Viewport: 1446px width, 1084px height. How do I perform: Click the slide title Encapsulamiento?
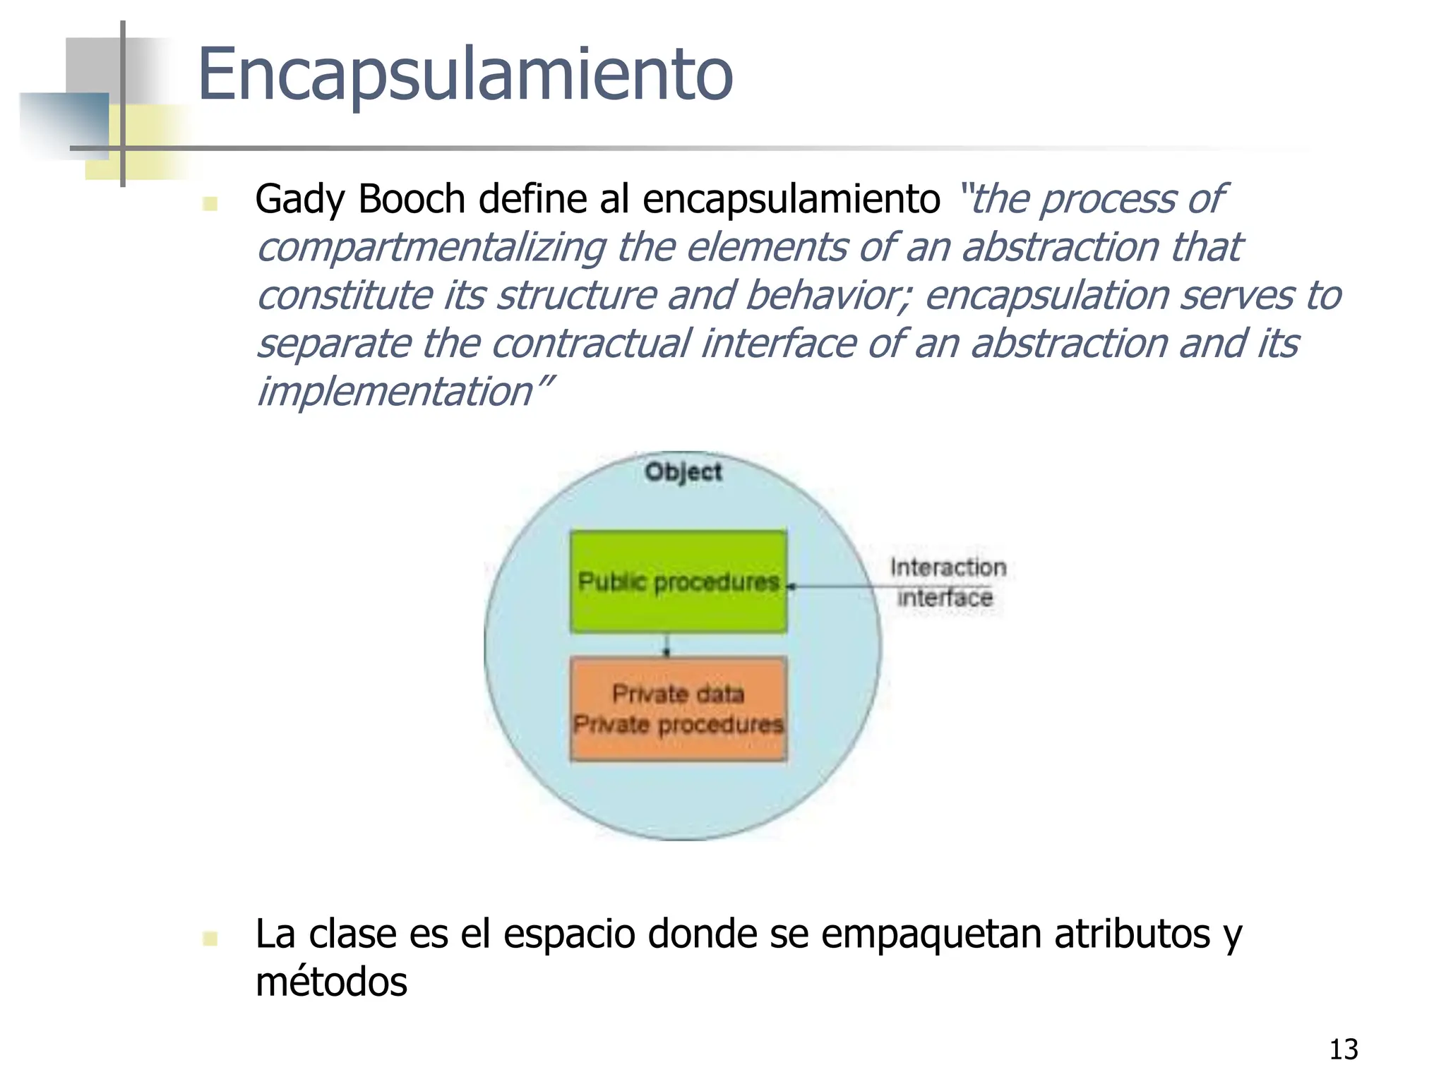pyautogui.click(x=465, y=75)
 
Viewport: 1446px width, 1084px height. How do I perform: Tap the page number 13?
pyautogui.click(x=1343, y=1049)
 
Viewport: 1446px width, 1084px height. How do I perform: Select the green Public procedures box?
pyautogui.click(x=678, y=582)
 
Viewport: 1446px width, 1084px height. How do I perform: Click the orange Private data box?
pyautogui.click(x=678, y=709)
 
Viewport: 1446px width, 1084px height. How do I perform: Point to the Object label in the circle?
pyautogui.click(x=683, y=471)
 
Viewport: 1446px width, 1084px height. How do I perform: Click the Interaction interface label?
pyautogui.click(x=946, y=582)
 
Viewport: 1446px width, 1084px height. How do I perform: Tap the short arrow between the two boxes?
pyautogui.click(x=666, y=645)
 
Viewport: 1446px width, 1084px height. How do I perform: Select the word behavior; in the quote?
pyautogui.click(x=827, y=295)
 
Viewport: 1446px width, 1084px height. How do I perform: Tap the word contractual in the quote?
pyautogui.click(x=590, y=344)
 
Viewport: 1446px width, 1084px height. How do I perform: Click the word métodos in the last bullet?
pyautogui.click(x=331, y=982)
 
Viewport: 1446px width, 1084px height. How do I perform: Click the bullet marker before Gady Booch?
pyautogui.click(x=210, y=204)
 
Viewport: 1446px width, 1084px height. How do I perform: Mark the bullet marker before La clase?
pyautogui.click(x=210, y=938)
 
